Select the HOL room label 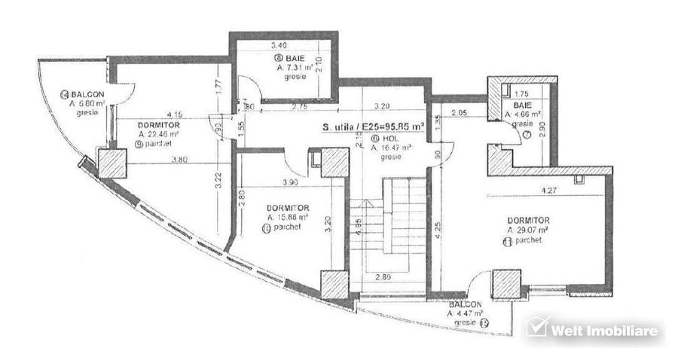click(388, 139)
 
